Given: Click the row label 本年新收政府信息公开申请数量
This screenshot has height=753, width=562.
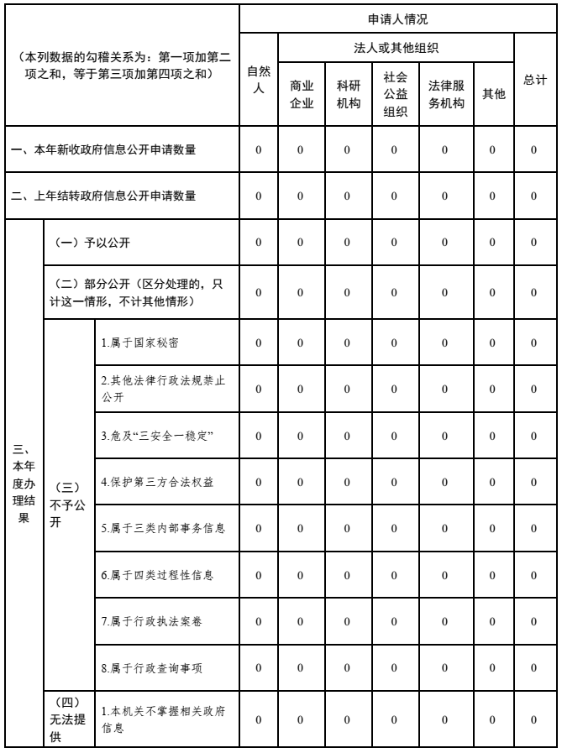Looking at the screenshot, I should click(x=120, y=149).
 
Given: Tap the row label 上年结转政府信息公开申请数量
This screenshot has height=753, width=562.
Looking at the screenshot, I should click(x=120, y=196).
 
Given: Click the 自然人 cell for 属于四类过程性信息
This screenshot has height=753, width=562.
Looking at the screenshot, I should click(x=258, y=575).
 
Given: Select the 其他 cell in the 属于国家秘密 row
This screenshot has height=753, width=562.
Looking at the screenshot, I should click(x=492, y=343).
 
